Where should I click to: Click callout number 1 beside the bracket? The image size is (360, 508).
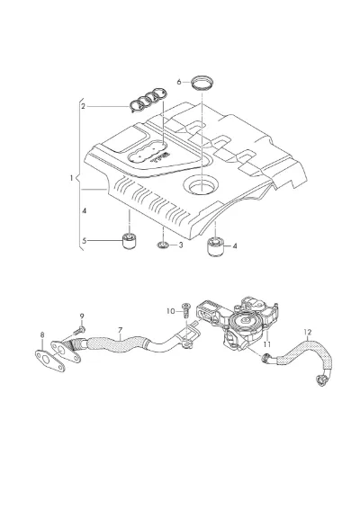click(71, 178)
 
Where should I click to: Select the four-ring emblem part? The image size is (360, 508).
click(148, 100)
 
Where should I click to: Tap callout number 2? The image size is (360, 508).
click(83, 106)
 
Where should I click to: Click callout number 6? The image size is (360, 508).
click(179, 82)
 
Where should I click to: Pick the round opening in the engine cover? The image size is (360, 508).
click(201, 185)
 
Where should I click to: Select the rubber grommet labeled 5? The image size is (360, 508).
click(130, 241)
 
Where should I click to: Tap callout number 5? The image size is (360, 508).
click(84, 241)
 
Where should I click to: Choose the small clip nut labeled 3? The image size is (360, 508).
click(162, 245)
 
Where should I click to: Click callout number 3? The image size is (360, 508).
click(181, 245)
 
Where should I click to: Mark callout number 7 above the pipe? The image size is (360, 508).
click(121, 330)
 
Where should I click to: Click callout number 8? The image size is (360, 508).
click(42, 334)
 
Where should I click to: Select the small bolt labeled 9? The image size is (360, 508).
click(79, 331)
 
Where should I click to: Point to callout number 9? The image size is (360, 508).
click(82, 316)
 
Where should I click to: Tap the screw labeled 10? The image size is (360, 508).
click(186, 310)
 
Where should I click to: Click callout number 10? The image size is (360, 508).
click(171, 311)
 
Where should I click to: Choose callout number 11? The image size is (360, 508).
click(267, 344)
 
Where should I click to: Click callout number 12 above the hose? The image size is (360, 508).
click(308, 332)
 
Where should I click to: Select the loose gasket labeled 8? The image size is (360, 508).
click(49, 361)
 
